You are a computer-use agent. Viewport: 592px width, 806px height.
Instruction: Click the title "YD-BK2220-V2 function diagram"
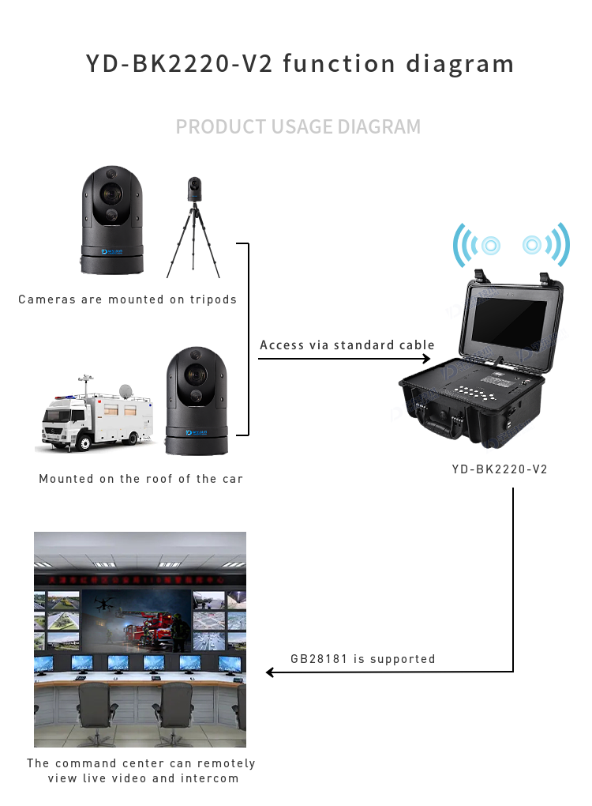pos(300,63)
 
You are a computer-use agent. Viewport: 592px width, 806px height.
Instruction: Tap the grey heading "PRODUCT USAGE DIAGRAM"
pos(298,126)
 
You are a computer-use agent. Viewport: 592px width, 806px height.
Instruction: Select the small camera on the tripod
pos(194,190)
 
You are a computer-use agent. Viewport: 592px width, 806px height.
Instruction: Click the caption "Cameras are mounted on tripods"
pos(128,299)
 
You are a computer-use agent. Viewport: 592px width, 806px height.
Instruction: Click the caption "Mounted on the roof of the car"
pos(141,479)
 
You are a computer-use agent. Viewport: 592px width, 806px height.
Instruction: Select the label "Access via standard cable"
pos(347,345)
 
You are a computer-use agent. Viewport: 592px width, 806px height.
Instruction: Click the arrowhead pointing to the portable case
pos(434,360)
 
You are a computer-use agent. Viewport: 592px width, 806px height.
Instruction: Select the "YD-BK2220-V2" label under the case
pos(500,469)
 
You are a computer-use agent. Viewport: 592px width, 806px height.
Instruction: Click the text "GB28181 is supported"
pos(362,658)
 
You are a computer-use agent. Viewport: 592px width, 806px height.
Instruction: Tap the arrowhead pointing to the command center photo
pos(270,672)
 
